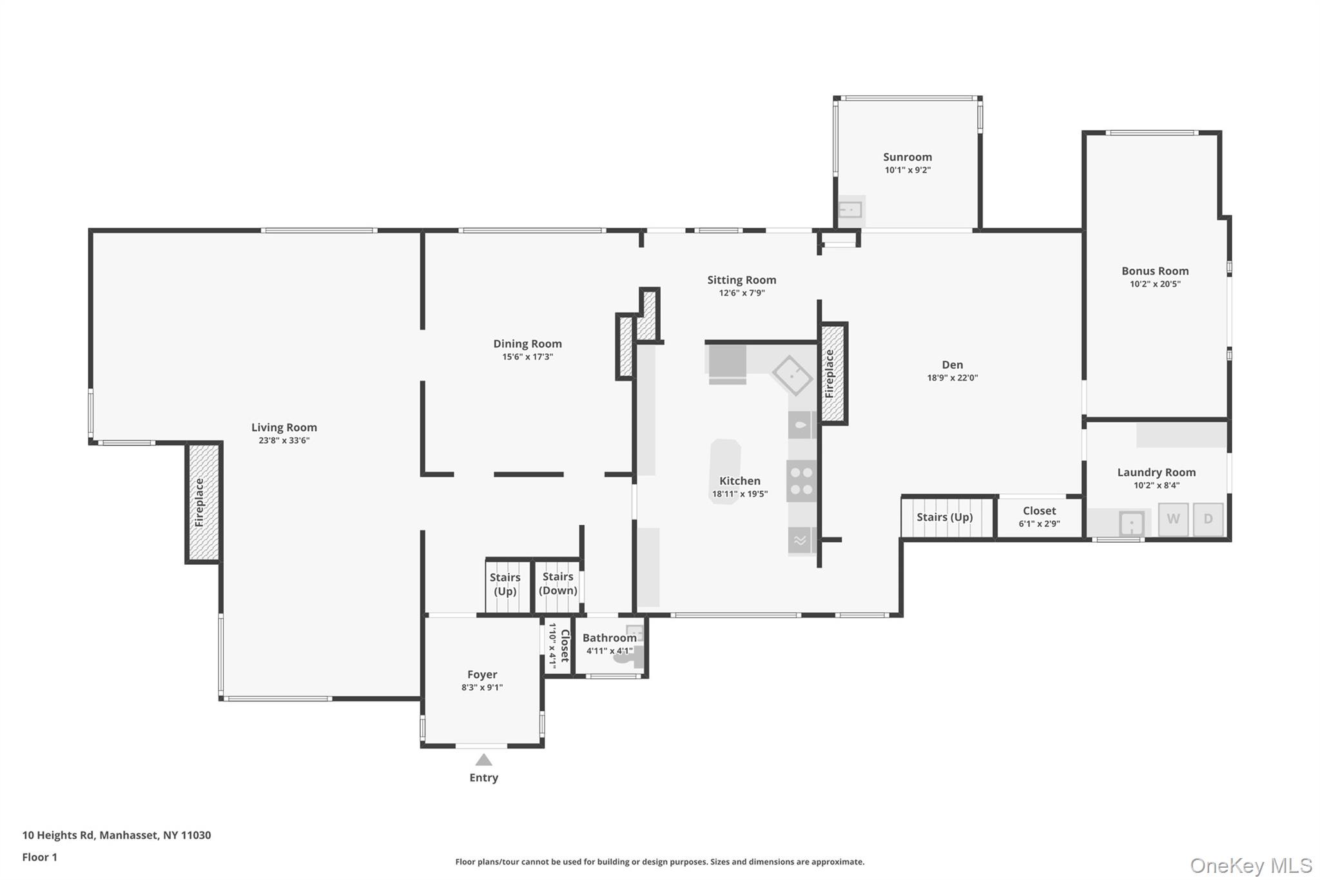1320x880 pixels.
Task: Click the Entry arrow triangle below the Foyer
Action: click(483, 760)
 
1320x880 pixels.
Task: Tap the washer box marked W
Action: click(1173, 519)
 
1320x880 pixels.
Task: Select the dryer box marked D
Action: click(1208, 519)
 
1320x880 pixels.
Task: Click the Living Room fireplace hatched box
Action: click(203, 503)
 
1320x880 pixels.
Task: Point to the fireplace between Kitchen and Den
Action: click(832, 374)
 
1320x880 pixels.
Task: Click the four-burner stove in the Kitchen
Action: click(801, 481)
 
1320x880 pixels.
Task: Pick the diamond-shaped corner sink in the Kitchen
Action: click(792, 375)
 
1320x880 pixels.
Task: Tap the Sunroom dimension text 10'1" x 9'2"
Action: click(907, 170)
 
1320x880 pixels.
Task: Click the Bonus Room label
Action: click(1155, 271)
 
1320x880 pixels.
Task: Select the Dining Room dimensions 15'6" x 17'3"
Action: click(527, 357)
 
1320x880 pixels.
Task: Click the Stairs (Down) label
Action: click(558, 583)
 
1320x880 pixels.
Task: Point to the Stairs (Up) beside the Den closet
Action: click(944, 517)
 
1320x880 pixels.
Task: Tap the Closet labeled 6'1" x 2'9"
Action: click(1039, 516)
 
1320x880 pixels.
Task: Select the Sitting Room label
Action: click(741, 280)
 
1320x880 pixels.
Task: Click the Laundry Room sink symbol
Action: click(1131, 523)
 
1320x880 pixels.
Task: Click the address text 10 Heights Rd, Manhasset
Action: click(117, 835)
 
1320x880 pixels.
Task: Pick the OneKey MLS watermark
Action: click(1250, 865)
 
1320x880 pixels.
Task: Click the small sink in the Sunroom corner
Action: click(850, 210)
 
